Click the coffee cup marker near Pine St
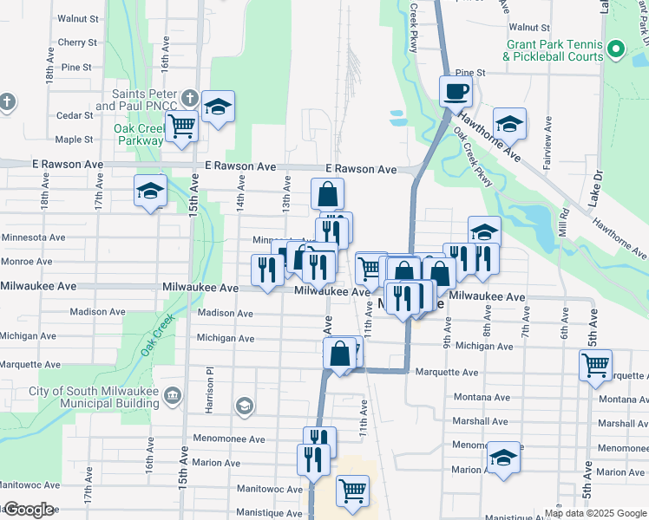[456, 90]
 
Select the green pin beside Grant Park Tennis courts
[616, 48]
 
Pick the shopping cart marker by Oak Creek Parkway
[182, 127]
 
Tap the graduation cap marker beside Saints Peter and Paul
[218, 107]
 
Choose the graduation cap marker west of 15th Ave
[150, 191]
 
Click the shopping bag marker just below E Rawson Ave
[328, 193]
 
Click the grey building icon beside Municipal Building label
[172, 396]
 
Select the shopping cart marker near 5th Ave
[595, 365]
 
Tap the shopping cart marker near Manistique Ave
[352, 491]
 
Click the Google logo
[29, 510]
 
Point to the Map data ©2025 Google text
[595, 513]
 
